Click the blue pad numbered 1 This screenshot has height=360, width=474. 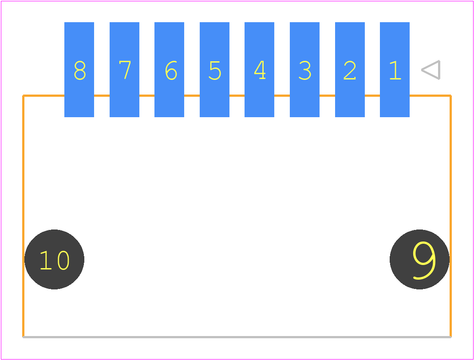click(395, 70)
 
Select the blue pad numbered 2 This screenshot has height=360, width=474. click(350, 70)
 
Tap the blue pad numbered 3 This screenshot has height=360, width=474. click(304, 70)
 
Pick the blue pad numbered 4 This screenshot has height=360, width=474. click(259, 70)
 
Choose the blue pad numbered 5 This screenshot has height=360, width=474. click(214, 70)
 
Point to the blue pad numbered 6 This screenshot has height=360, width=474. click(169, 70)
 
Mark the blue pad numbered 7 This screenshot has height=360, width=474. click(124, 70)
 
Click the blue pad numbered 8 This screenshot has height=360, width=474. click(79, 70)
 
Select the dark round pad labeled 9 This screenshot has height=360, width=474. click(419, 259)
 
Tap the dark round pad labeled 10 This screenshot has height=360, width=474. click(55, 259)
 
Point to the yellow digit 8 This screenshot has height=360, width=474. click(80, 71)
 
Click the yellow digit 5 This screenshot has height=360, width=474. click(215, 71)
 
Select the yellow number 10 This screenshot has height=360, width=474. click(55, 260)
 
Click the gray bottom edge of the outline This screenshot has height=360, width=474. click(237, 337)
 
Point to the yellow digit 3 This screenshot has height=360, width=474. click(305, 71)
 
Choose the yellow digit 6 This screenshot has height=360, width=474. click(171, 71)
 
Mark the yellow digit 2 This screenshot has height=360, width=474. click(350, 71)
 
